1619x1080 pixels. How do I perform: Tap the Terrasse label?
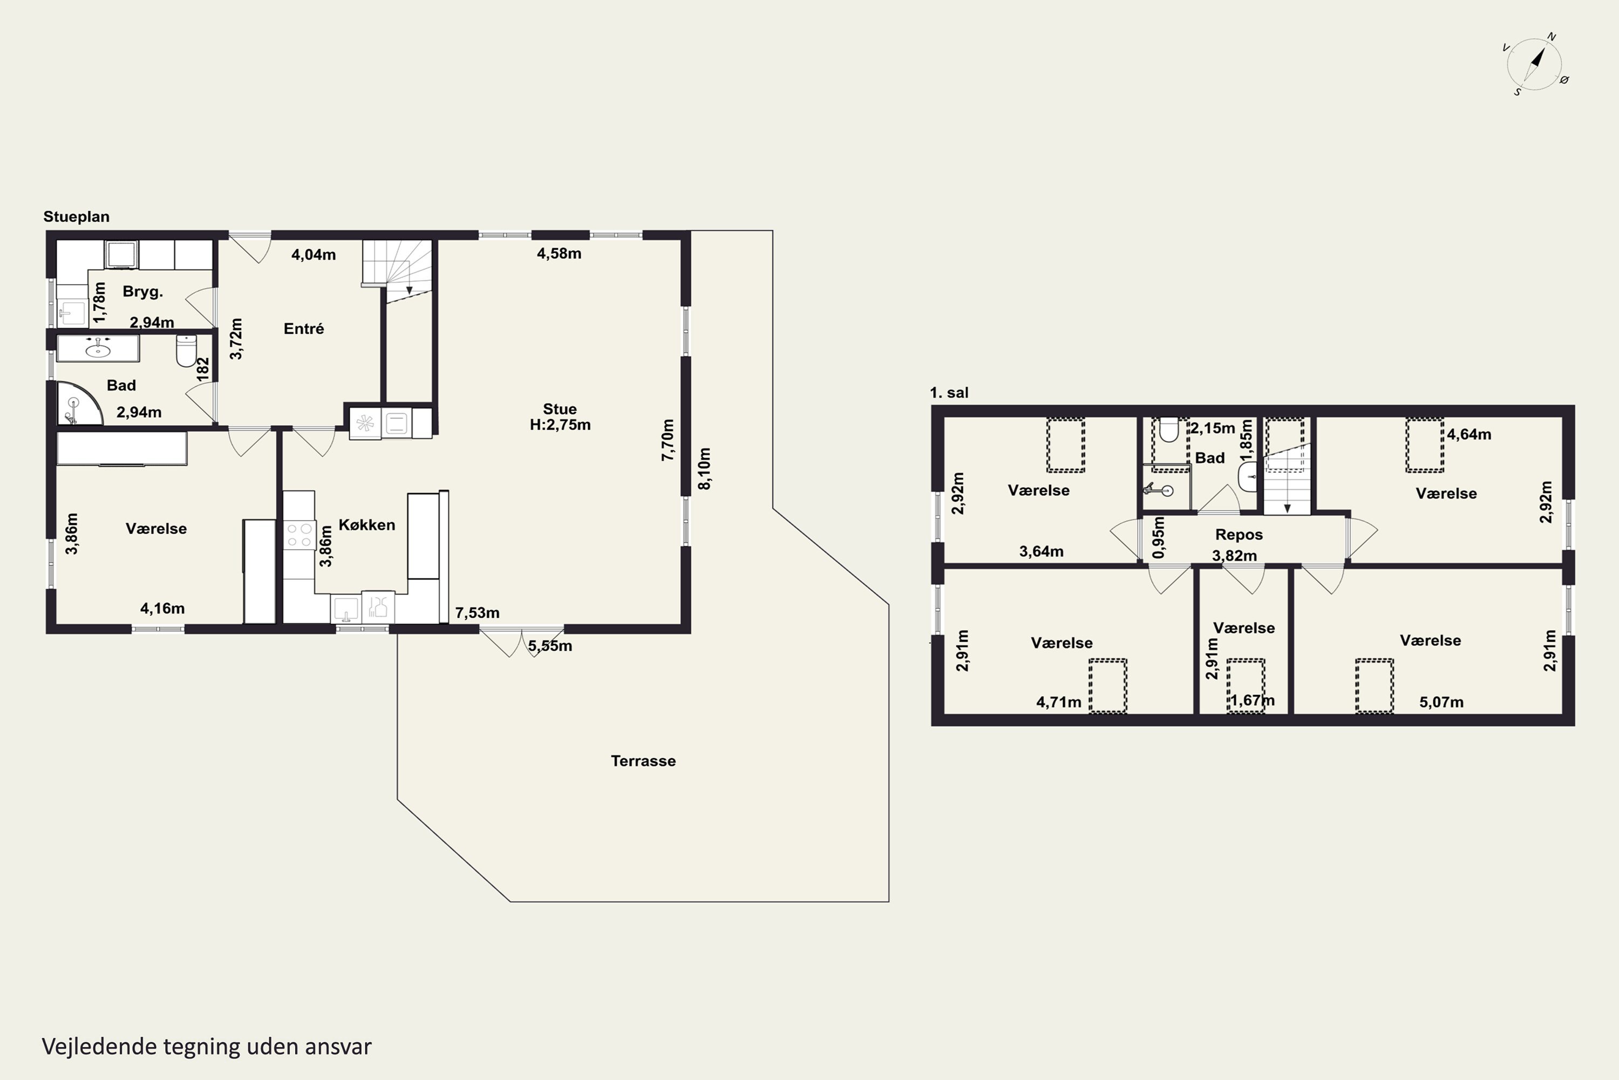coord(643,761)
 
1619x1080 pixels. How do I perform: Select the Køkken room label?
coord(367,525)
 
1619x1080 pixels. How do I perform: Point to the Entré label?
coord(303,328)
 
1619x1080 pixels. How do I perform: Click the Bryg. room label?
coord(142,292)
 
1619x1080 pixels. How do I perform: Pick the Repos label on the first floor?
coord(1239,535)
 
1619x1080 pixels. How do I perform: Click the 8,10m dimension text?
coord(704,469)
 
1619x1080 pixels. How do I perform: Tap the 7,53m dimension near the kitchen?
coord(477,612)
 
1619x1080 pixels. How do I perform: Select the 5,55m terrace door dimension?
coord(550,646)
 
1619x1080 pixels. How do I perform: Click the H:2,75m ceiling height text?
coord(560,425)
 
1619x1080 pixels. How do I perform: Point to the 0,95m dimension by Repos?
coord(1159,538)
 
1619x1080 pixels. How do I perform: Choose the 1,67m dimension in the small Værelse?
coord(1252,700)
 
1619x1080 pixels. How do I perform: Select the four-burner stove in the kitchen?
coord(299,535)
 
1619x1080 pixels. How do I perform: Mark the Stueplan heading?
coord(77,217)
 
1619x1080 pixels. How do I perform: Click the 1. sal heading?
coord(949,393)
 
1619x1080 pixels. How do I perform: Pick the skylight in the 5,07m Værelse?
coord(1374,685)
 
